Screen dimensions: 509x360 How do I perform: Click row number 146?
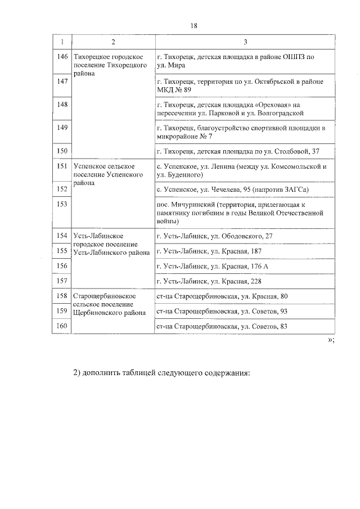62,57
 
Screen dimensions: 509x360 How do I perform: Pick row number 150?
62,151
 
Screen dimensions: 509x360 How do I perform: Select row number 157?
62,281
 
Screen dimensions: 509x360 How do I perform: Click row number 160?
62,326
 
